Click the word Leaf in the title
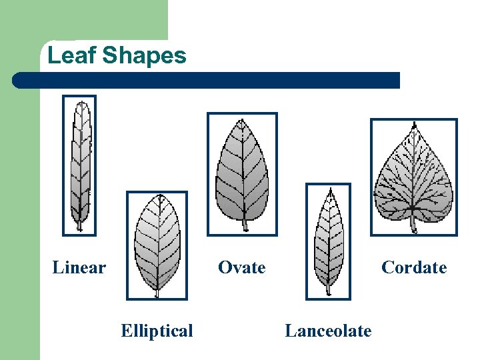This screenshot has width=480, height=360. (69, 55)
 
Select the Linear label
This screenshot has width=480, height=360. (79, 268)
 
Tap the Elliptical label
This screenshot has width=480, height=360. (157, 331)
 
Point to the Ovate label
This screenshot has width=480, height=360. (241, 268)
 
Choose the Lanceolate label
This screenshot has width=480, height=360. (328, 331)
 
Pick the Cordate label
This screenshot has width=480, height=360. (413, 268)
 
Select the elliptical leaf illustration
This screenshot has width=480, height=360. (157, 243)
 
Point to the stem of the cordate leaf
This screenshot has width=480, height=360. (413, 224)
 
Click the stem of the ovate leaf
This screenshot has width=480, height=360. (245, 225)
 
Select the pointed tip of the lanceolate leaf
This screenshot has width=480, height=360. (329, 190)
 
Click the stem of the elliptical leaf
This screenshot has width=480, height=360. (157, 292)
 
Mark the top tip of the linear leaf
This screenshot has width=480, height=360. (81, 103)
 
